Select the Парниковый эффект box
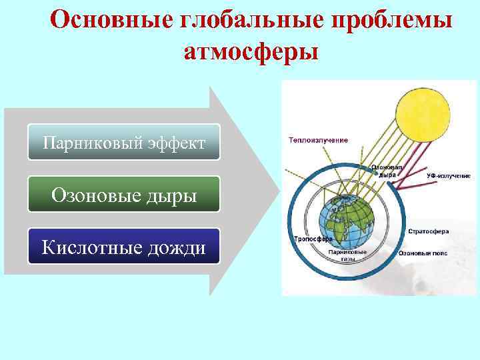pyautogui.click(x=123, y=142)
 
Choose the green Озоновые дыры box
pyautogui.click(x=123, y=194)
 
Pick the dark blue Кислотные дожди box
pyautogui.click(x=123, y=247)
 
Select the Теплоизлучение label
pyautogui.click(x=319, y=141)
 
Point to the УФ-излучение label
pyautogui.click(x=449, y=175)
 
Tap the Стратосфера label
pyautogui.click(x=427, y=231)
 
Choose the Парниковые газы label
pyautogui.click(x=348, y=255)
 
